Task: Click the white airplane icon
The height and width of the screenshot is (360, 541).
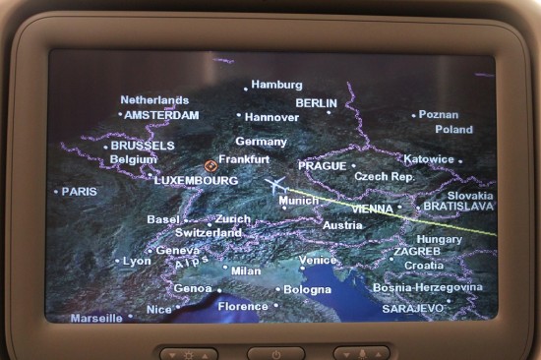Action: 275,185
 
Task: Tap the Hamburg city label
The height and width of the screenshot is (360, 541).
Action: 276,85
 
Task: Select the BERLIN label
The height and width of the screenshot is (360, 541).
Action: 316,103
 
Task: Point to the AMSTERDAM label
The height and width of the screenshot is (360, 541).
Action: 161,115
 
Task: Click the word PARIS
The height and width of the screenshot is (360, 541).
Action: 80,191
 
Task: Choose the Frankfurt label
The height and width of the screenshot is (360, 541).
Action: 243,158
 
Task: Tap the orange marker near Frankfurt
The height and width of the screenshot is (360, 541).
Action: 210,165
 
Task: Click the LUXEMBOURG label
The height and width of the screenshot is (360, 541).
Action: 196,181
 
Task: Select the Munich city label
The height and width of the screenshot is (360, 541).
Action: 299,201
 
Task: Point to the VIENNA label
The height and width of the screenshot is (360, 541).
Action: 371,210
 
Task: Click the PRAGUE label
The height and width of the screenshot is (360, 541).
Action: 322,166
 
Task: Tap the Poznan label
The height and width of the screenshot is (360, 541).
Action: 439,114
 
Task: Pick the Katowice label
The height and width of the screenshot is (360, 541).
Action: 429,159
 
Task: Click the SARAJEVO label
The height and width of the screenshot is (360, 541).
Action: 413,308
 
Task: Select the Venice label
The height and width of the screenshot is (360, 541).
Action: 318,261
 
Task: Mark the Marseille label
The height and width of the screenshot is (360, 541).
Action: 96,318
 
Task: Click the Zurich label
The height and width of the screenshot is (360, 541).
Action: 233,219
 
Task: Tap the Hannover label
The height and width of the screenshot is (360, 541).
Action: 271,116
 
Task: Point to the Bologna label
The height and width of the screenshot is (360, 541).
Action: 307,290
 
